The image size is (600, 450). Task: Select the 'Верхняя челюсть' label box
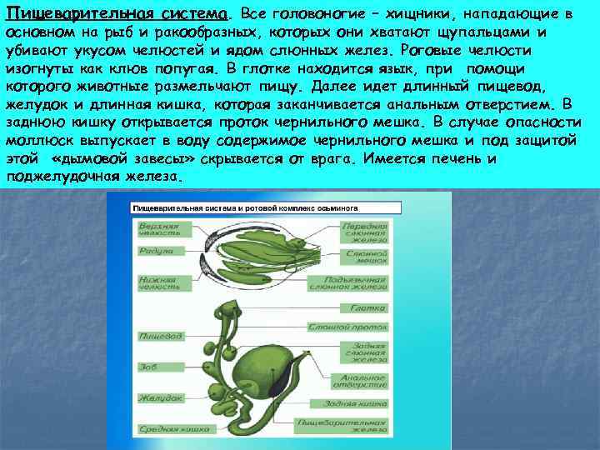pos(158,229)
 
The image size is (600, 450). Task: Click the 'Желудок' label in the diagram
pos(160,397)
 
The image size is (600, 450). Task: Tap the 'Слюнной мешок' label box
pos(367,253)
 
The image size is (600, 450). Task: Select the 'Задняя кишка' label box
pos(367,404)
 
